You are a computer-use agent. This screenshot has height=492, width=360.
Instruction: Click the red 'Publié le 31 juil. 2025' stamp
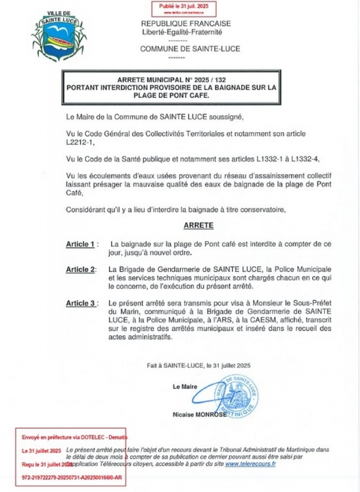pos(183,8)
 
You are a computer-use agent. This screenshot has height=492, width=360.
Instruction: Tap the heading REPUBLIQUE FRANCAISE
pos(186,24)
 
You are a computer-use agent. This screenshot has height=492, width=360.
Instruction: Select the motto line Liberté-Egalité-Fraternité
pos(182,32)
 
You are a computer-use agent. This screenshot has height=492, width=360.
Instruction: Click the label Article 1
pos(80,244)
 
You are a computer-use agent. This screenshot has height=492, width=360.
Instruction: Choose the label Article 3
pos(81,303)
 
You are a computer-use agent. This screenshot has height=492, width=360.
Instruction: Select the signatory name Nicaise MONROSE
pos(200,415)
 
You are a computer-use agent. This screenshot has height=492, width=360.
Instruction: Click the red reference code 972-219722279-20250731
pos(71,477)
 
